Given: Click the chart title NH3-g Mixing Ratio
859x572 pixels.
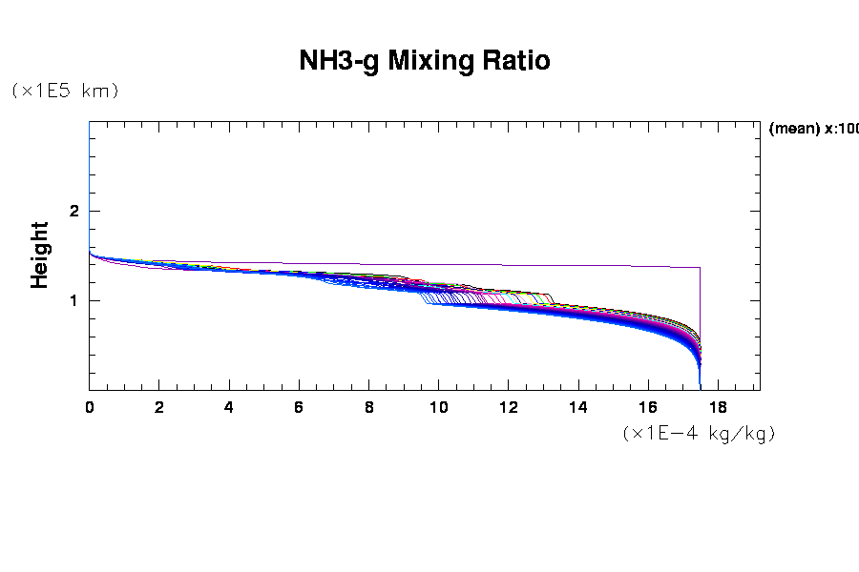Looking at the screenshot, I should [425, 61].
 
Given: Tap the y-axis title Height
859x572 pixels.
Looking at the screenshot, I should [39, 255].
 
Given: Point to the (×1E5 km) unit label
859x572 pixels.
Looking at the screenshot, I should [65, 91].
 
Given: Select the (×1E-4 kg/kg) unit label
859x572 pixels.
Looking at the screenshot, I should [698, 433].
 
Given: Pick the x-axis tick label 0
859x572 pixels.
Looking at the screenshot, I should [90, 407].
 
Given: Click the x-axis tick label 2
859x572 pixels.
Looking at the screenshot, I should [159, 407].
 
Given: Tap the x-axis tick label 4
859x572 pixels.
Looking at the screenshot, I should [229, 407].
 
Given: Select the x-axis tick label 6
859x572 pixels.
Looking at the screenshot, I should [299, 407].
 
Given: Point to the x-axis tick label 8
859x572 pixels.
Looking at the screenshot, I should [368, 407].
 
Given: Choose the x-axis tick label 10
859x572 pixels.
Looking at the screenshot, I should [438, 407].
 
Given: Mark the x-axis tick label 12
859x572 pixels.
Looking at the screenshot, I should [508, 407].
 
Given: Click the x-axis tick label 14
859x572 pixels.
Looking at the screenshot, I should [578, 407].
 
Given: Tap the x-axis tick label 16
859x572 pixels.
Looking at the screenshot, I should [648, 407].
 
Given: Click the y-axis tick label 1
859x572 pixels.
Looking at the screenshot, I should [73, 300].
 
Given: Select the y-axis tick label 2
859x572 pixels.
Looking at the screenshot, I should [73, 211].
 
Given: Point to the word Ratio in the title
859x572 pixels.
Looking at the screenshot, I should [518, 61].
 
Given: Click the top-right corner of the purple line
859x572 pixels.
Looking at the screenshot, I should [700, 268].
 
